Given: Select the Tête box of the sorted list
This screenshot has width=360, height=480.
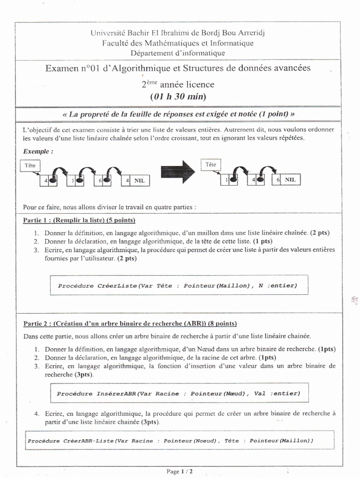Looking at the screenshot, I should click(x=210, y=165).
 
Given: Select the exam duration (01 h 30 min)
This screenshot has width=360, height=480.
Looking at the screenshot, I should click(x=178, y=97).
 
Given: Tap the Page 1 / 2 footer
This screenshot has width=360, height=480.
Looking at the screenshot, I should click(x=180, y=471).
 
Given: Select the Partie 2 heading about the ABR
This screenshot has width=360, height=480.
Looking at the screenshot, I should click(x=130, y=323).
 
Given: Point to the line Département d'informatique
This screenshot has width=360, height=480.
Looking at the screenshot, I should click(x=178, y=53).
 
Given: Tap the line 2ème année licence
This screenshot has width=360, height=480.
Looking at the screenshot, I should click(x=178, y=85).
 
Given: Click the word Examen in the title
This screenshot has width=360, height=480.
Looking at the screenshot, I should click(x=62, y=68).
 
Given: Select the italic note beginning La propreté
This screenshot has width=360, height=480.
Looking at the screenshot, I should click(x=178, y=114).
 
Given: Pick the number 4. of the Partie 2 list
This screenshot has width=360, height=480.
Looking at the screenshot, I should click(x=37, y=414).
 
